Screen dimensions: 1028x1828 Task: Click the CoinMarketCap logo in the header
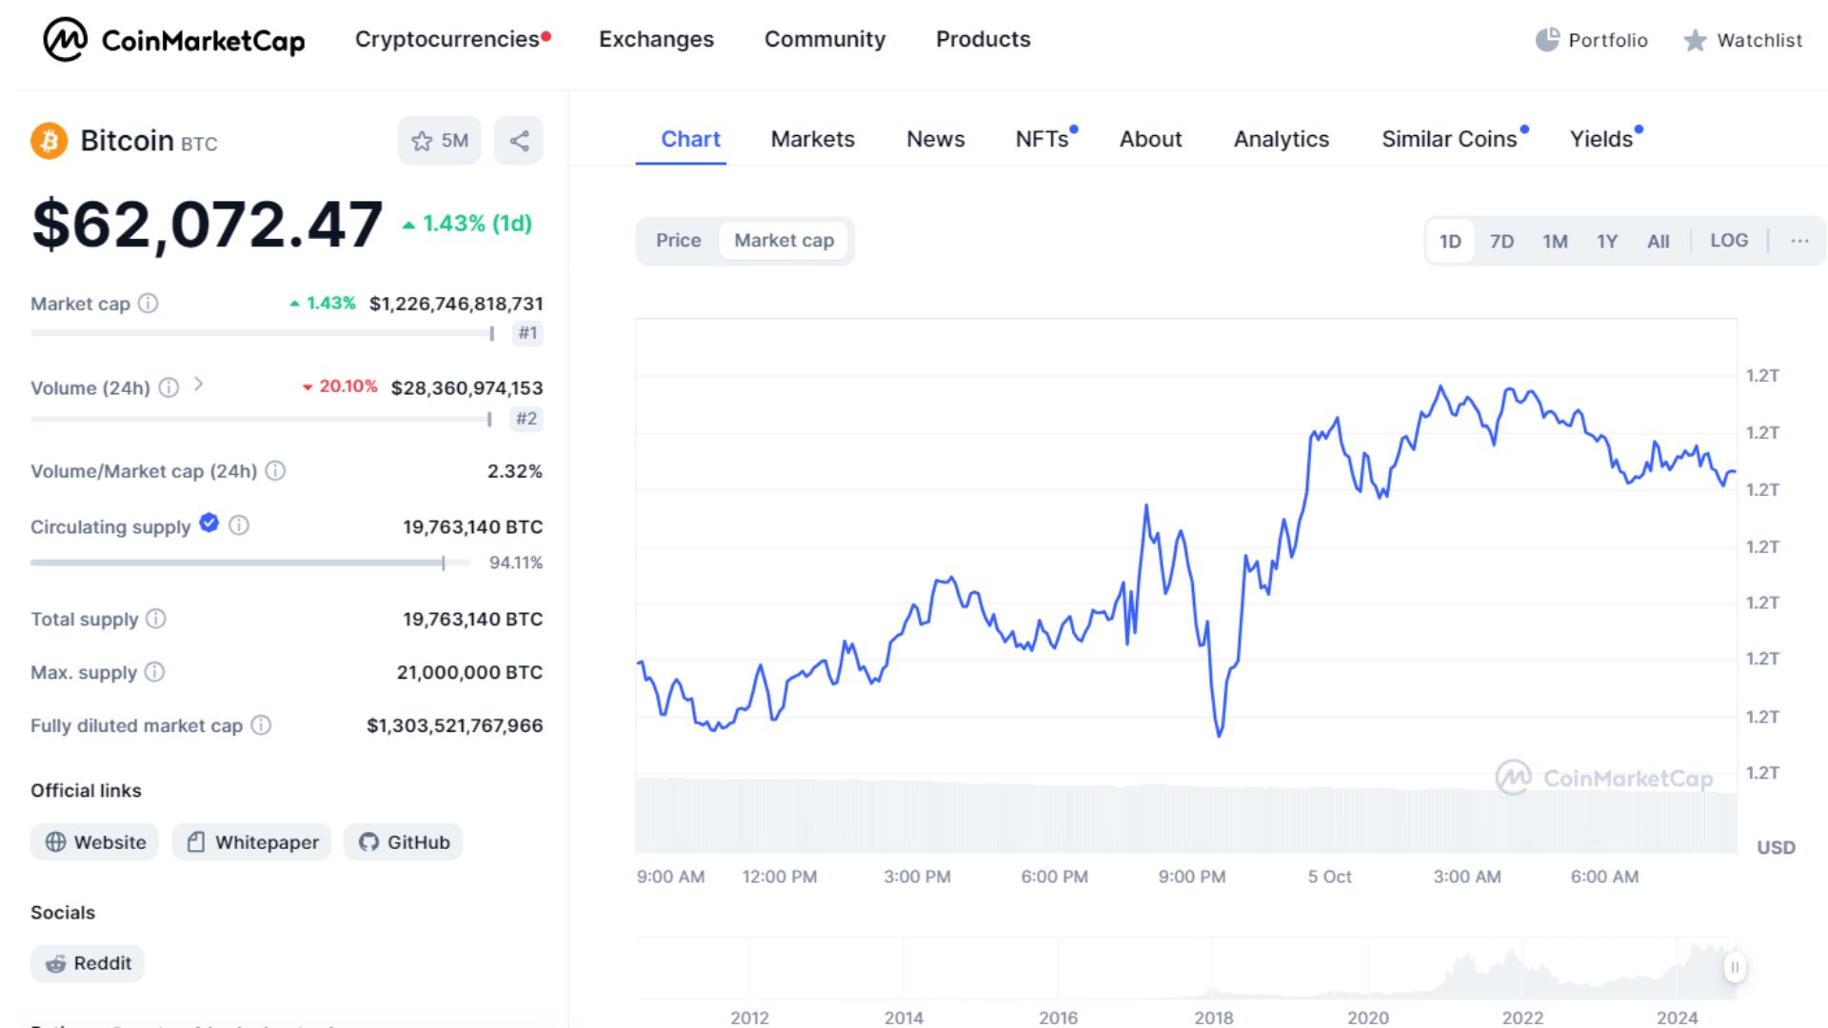[x=174, y=40]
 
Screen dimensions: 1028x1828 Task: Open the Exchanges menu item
[x=656, y=39]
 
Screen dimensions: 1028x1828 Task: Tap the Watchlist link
[x=1743, y=40]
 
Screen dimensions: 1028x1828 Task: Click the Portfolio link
[x=1592, y=40]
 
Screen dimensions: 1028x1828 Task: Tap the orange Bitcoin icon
[x=49, y=141]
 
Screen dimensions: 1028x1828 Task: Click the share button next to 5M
[x=519, y=141]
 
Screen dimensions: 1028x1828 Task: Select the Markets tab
[x=812, y=139]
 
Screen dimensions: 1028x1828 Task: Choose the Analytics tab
[x=1281, y=139]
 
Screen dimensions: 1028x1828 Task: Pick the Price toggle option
[x=678, y=241]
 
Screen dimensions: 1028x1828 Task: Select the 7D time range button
[x=1501, y=241]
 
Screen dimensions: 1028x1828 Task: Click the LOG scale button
[x=1728, y=241]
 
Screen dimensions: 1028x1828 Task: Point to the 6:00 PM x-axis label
[x=1054, y=877]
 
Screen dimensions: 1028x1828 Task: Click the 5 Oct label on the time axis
[x=1329, y=877]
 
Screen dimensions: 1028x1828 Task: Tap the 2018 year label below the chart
[x=1214, y=1018]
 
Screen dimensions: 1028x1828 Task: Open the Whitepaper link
[x=252, y=842]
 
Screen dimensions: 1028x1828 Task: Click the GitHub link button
[x=404, y=842]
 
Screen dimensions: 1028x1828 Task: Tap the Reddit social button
[x=88, y=963]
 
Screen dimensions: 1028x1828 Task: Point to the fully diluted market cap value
[x=454, y=725]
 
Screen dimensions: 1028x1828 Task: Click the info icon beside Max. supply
[x=154, y=672]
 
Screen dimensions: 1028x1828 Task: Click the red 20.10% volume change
[x=341, y=386]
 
